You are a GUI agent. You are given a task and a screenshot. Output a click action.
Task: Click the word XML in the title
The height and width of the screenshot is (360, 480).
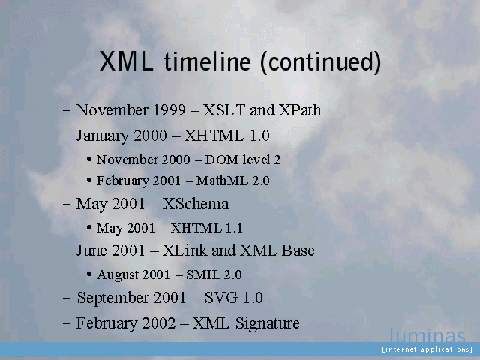pyautogui.click(x=127, y=61)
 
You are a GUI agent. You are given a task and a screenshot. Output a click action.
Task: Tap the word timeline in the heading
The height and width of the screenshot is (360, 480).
pyautogui.click(x=208, y=61)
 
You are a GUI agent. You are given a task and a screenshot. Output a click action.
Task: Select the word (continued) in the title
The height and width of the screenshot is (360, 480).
pyautogui.click(x=321, y=62)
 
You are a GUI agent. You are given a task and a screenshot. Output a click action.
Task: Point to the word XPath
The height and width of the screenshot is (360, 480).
pyautogui.click(x=300, y=110)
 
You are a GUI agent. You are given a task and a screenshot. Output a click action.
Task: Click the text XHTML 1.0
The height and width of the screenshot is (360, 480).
pyautogui.click(x=226, y=136)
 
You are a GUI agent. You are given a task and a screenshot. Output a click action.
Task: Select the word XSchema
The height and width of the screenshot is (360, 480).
pyautogui.click(x=195, y=204)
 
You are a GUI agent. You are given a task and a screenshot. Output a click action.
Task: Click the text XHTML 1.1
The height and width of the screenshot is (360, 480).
pyautogui.click(x=206, y=228)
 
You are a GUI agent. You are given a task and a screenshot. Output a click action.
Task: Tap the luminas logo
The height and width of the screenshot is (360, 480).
pyautogui.click(x=427, y=335)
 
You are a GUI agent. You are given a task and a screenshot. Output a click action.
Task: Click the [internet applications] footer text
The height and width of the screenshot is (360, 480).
pyautogui.click(x=427, y=349)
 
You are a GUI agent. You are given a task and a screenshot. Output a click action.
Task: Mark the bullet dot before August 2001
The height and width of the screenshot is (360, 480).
pyautogui.click(x=89, y=274)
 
